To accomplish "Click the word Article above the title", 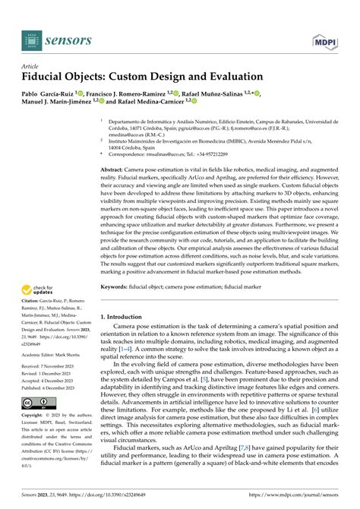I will click(x=33, y=66).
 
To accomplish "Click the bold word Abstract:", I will click(x=115, y=171).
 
